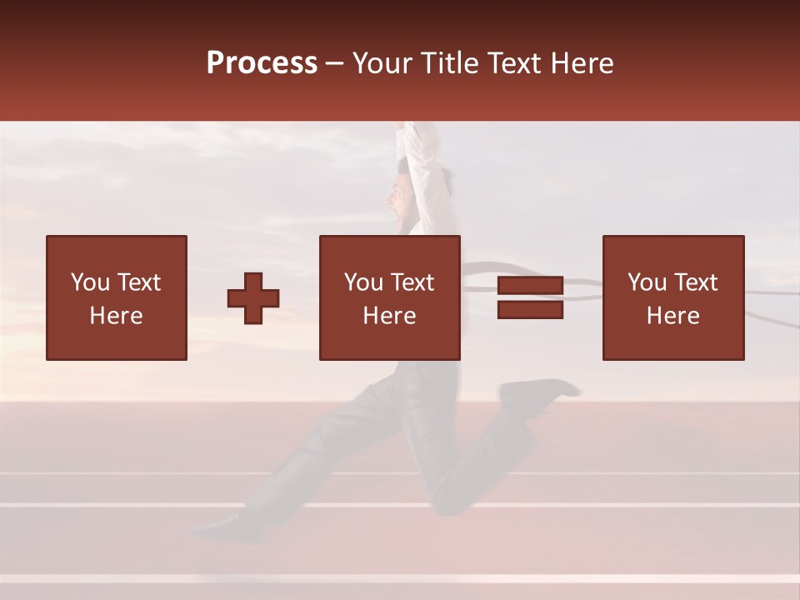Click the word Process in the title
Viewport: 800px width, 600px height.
coord(262,63)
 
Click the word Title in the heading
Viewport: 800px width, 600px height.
coord(448,63)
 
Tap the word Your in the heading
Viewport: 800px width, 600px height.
coord(382,63)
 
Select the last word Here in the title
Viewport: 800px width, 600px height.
coord(584,63)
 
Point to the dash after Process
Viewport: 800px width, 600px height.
coord(335,64)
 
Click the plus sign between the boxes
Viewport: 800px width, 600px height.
coord(253,298)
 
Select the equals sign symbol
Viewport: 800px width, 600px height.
coord(530,298)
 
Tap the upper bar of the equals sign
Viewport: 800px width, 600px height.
coord(530,287)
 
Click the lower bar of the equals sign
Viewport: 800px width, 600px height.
coord(530,310)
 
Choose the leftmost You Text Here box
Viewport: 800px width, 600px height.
coord(117,297)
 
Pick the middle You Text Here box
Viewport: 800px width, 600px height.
coord(389,297)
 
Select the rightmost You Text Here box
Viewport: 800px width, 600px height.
coord(673,297)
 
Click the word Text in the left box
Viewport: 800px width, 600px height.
coord(137,282)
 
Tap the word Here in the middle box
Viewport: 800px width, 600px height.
coord(389,316)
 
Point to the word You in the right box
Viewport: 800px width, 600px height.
coord(647,282)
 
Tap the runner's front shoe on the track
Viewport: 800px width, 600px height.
coord(218,525)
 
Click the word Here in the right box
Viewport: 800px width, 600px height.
coord(673,316)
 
